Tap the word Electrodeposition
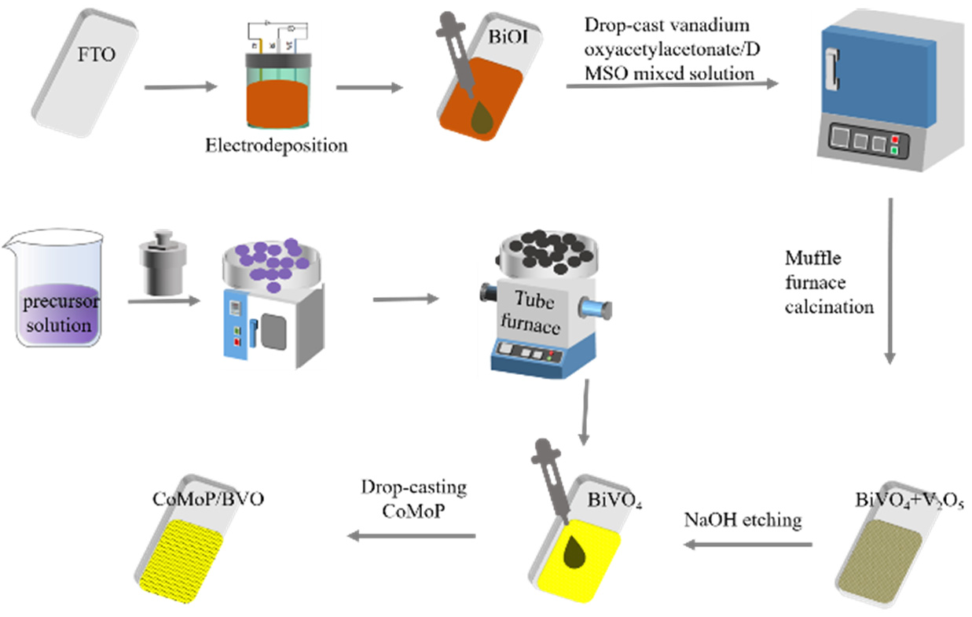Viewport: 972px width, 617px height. (x=276, y=145)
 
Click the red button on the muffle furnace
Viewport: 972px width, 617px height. (x=893, y=138)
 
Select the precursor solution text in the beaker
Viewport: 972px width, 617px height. (x=57, y=313)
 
